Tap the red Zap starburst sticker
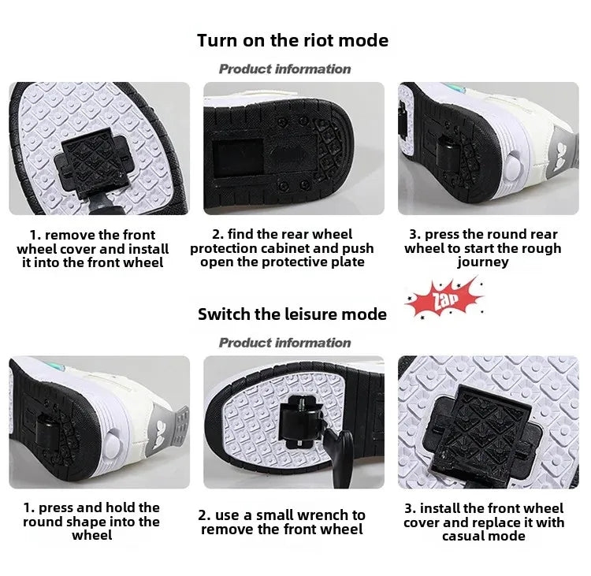click(444, 299)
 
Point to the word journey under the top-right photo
click(483, 262)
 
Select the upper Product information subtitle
click(284, 69)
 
